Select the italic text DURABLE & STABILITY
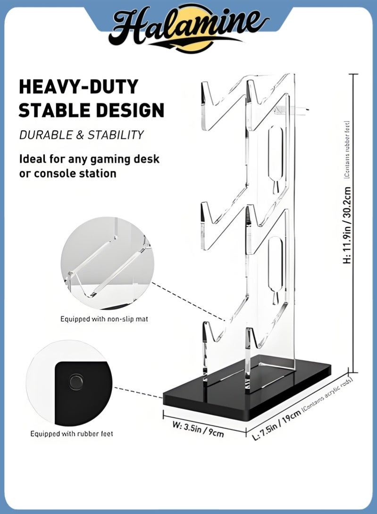pyautogui.click(x=81, y=135)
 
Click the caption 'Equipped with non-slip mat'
pyautogui.click(x=104, y=319)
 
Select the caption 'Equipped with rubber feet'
pyautogui.click(x=72, y=433)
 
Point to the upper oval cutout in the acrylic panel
pyautogui.click(x=276, y=156)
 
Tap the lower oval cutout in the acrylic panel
pyautogui.click(x=276, y=266)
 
